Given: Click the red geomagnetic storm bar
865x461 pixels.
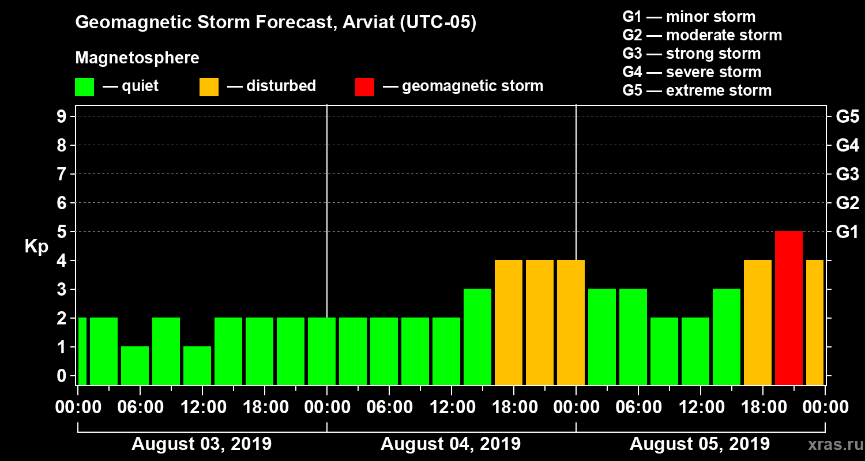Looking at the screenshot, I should click(788, 308).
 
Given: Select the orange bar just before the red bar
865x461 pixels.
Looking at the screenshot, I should click(757, 322).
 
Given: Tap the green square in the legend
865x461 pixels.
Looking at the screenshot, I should click(84, 87).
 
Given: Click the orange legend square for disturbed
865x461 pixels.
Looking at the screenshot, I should click(209, 87).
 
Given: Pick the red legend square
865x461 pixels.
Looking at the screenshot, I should click(364, 87).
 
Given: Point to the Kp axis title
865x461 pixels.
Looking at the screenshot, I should click(36, 247).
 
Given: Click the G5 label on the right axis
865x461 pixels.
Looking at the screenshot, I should click(847, 116).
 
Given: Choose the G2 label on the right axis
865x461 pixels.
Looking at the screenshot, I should click(847, 203).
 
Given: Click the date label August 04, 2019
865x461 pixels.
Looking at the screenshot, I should click(450, 444).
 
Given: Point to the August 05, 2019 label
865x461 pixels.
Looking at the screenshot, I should click(699, 444).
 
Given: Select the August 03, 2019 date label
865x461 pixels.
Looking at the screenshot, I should click(201, 444).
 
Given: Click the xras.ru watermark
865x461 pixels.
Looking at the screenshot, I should click(833, 444).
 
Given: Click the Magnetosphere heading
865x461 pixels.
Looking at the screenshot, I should click(137, 58).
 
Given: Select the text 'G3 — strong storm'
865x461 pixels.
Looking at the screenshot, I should click(691, 54).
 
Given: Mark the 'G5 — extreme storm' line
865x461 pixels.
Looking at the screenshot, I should click(697, 90).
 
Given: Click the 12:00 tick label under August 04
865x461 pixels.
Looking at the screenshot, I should click(451, 407).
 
